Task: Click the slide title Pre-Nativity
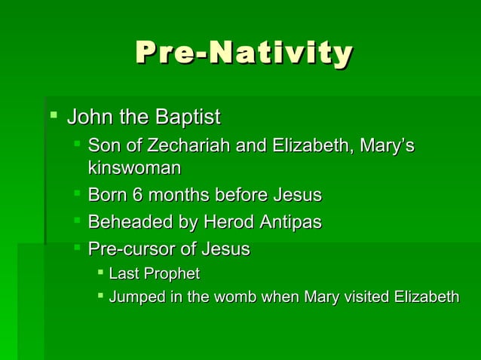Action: [243, 53]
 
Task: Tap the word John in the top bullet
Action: [85, 117]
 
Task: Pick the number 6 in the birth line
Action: [136, 196]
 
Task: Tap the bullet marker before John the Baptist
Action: [53, 117]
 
